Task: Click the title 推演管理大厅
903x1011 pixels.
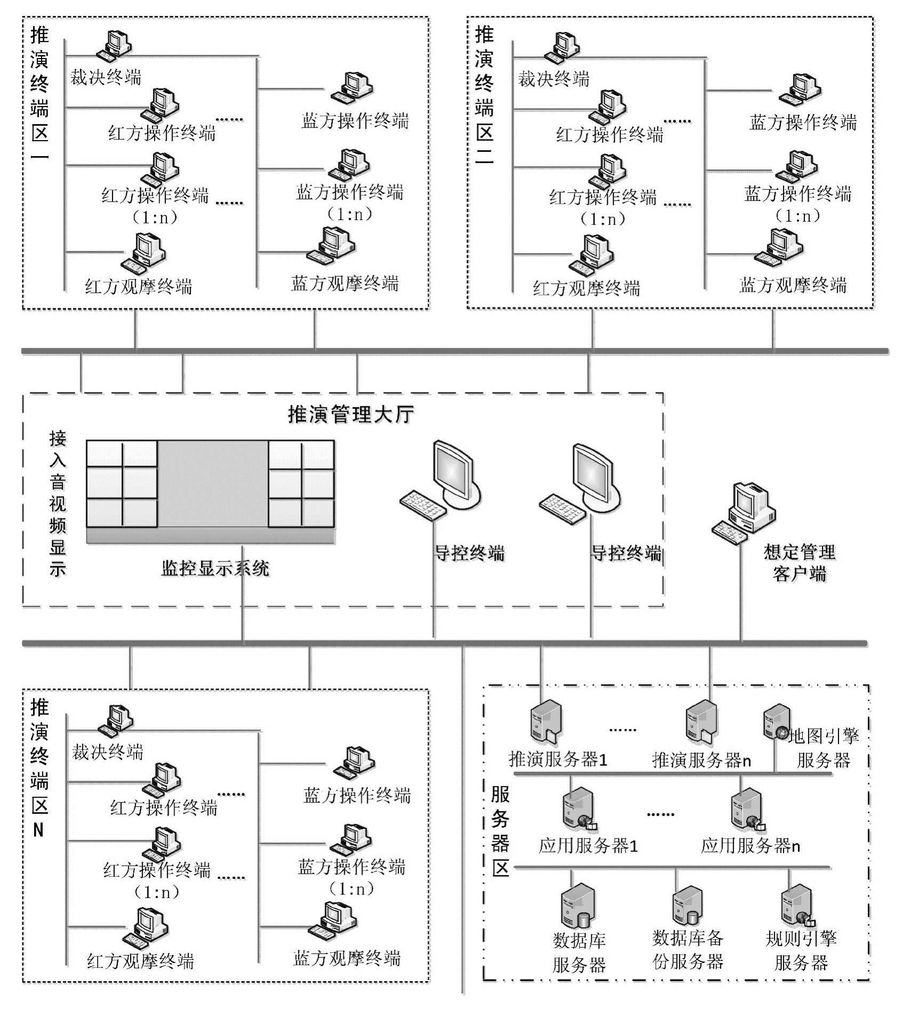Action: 351,414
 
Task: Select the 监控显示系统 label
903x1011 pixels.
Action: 215,569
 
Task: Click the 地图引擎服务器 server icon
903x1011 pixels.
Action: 777,723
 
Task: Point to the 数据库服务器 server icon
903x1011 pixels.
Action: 577,906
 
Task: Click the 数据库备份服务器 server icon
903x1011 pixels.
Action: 687,906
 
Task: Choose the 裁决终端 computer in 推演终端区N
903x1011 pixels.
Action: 115,720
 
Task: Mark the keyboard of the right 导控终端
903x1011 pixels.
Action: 562,508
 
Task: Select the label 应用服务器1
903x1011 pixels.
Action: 588,846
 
